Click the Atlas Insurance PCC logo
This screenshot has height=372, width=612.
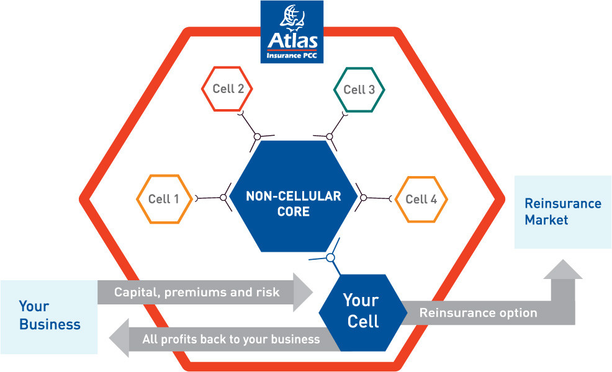(292, 32)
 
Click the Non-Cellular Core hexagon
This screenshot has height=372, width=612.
(293, 196)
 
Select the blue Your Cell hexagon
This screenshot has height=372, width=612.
(363, 312)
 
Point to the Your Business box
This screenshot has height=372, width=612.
(49, 317)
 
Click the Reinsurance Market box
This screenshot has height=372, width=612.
(563, 212)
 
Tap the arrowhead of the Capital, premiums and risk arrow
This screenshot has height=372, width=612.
(303, 292)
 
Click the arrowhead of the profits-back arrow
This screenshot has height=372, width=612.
(119, 338)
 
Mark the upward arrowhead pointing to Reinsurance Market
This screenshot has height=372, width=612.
(563, 269)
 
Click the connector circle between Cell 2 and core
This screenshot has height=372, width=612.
(257, 137)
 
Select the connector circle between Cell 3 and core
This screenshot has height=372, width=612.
(330, 137)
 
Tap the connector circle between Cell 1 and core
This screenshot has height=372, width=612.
(223, 198)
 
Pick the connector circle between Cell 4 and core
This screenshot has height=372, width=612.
(363, 198)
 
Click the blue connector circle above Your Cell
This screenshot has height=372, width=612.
(331, 258)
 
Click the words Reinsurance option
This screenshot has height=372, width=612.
(478, 312)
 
